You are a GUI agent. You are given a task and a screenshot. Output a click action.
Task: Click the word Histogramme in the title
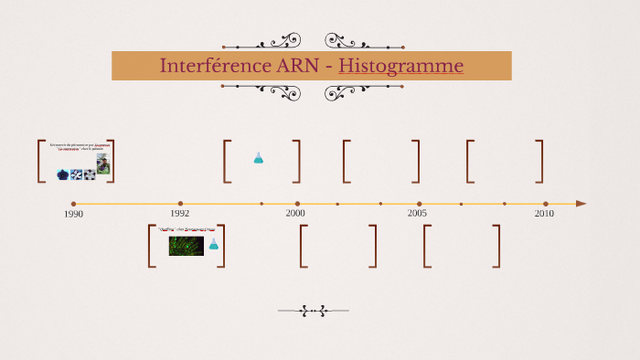pyautogui.click(x=400, y=66)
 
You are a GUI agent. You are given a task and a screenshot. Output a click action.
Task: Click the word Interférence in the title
pyautogui.click(x=208, y=66)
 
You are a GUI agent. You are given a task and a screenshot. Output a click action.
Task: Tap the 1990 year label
pyautogui.click(x=74, y=214)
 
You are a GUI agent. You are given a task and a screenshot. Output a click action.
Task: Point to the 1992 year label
pyautogui.click(x=179, y=213)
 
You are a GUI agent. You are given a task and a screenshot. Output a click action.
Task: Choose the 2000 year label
pyautogui.click(x=295, y=213)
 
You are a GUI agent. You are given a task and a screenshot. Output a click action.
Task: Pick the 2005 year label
pyautogui.click(x=417, y=213)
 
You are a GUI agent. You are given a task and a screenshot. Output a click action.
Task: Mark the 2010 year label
pyautogui.click(x=544, y=213)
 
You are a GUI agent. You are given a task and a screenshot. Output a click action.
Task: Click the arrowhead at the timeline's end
pyautogui.click(x=581, y=204)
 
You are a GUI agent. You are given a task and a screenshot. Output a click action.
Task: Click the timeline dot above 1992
pyautogui.click(x=180, y=204)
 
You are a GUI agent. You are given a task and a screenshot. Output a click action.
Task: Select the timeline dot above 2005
pyautogui.click(x=420, y=204)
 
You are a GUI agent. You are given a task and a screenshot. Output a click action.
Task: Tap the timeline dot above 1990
pyautogui.click(x=73, y=204)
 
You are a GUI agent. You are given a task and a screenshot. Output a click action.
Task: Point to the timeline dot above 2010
pyautogui.click(x=546, y=204)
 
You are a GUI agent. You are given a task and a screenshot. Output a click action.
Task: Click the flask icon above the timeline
pyautogui.click(x=259, y=158)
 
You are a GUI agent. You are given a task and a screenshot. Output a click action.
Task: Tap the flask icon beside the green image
pyautogui.click(x=214, y=244)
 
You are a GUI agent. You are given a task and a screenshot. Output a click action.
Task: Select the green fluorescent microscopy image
pyautogui.click(x=187, y=246)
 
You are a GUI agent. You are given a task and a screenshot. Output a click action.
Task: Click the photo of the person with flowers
pyautogui.click(x=103, y=164)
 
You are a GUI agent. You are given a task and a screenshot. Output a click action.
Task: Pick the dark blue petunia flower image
pyautogui.click(x=62, y=175)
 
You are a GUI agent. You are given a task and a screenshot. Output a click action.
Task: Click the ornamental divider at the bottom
pyautogui.click(x=314, y=311)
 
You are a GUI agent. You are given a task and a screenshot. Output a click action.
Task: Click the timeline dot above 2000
pyautogui.click(x=297, y=204)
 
